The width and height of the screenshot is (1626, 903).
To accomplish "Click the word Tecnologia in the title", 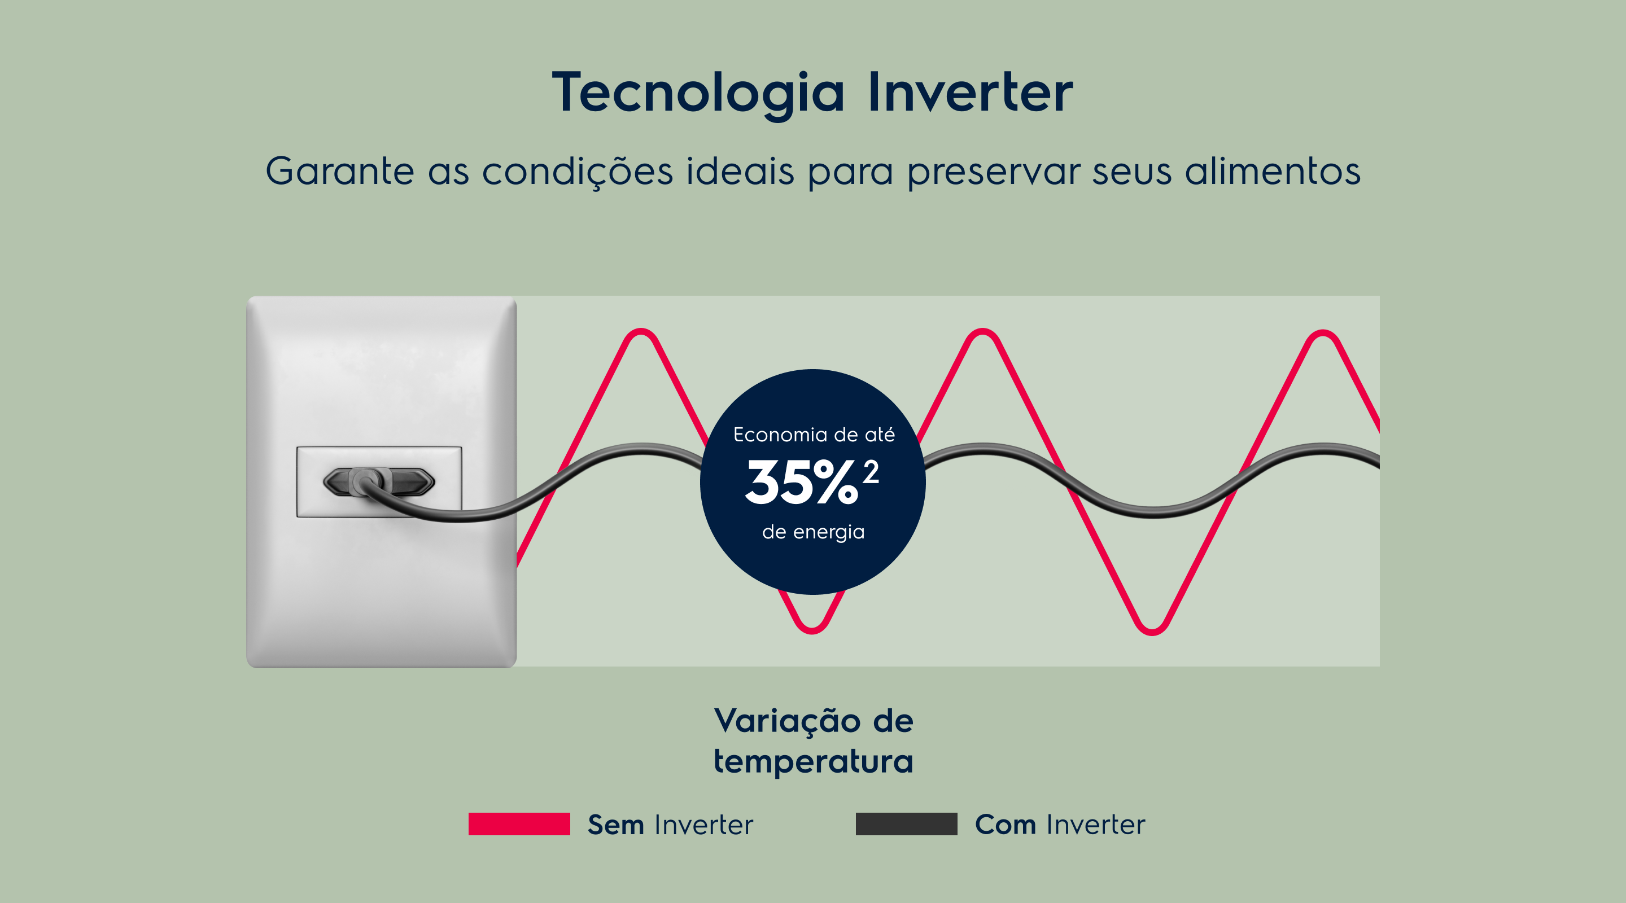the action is point(698,93).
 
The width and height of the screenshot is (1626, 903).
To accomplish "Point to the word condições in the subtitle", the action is point(578,172).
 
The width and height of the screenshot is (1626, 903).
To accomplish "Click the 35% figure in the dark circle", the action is point(802,482).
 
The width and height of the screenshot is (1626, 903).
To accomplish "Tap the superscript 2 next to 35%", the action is point(871,472).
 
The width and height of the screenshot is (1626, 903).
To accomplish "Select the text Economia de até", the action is point(814,434).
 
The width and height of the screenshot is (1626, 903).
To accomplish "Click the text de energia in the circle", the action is point(813,532).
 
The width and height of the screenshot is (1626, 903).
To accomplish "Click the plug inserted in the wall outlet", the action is point(379,482).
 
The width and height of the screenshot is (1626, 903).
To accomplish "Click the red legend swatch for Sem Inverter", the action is point(519,824).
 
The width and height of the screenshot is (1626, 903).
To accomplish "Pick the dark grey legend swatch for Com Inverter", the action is point(906,824).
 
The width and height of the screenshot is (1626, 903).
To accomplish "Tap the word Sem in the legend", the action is point(615,825).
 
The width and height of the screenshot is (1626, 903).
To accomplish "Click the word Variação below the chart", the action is point(787,721).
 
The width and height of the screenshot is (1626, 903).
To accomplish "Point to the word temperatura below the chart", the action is point(814,762).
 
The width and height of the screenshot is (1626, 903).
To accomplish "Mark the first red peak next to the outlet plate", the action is point(641,332).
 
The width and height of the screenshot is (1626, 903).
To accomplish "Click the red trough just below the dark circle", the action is point(812,629).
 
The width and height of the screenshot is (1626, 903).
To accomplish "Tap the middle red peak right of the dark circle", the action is point(983,332).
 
